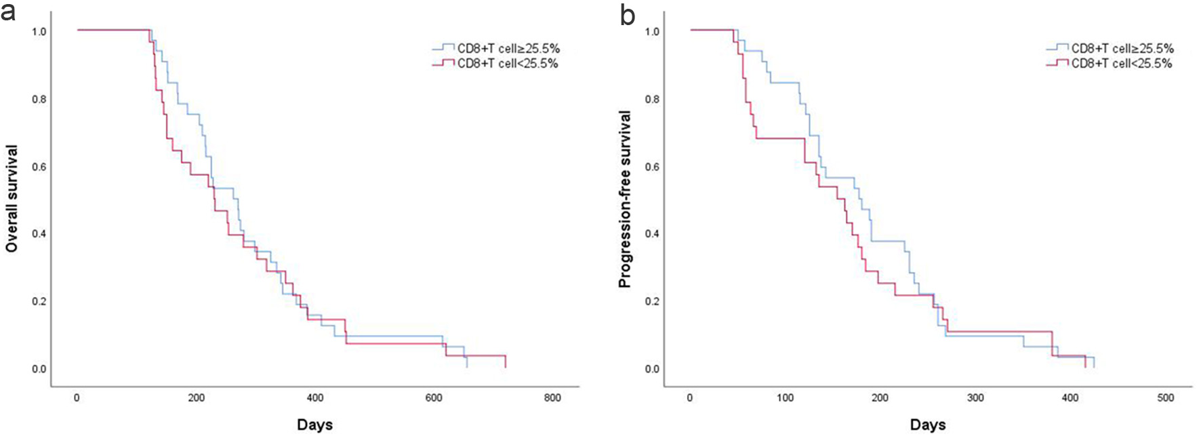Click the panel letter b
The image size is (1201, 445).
pos(628,14)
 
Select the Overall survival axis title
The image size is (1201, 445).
pos(12,199)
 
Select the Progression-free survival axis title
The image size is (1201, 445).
pos(625,199)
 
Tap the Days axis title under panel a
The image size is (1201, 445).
pos(314,425)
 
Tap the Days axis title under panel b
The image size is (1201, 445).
pos(928,425)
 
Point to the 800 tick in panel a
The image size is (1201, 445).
pos(552,398)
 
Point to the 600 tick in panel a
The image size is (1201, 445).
pos(434,398)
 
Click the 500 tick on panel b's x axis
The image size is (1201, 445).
pos(1166,398)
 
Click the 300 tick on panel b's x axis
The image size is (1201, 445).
pos(975,398)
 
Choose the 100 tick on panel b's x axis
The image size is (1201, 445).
pos(785,398)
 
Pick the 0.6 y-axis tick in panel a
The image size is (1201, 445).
pos(39,167)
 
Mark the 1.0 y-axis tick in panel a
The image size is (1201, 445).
pos(39,32)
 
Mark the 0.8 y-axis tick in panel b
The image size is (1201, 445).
pos(652,100)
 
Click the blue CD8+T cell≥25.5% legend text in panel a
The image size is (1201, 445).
pos(508,49)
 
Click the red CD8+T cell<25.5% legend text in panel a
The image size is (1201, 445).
pos(508,64)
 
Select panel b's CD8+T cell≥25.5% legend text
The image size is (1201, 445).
pos(1122,49)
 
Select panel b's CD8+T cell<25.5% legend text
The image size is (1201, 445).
pos(1122,64)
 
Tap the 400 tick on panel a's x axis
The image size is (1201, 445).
pos(314,398)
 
